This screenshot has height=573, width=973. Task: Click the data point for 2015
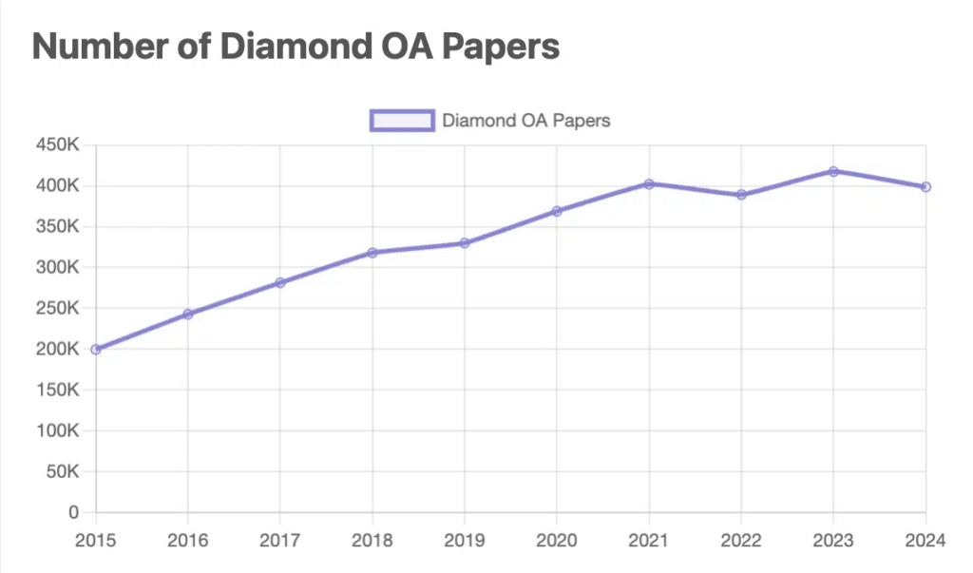coord(96,349)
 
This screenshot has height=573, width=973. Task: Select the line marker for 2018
coord(372,253)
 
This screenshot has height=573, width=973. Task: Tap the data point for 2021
coord(649,183)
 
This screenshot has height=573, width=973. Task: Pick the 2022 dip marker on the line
coord(741,195)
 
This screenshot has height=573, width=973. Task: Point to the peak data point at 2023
coord(833,171)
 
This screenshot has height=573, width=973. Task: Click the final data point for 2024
coord(925,187)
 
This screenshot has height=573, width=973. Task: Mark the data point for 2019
coord(465,243)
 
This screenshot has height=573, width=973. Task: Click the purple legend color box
coord(402,121)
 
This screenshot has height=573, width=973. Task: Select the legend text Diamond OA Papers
coord(525,121)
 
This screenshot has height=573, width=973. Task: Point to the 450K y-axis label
coord(58,145)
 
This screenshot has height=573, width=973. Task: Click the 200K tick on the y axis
coord(58,349)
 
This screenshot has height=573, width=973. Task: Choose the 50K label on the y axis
coord(62,471)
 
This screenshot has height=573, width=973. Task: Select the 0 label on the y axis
coord(73,512)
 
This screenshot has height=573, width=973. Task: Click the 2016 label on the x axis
coord(188,541)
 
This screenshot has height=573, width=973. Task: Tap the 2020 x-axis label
coord(557,541)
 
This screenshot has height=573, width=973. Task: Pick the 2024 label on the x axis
coord(925,541)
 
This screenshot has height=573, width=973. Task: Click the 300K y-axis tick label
coord(58,267)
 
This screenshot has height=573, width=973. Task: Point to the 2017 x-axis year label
coord(280,541)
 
